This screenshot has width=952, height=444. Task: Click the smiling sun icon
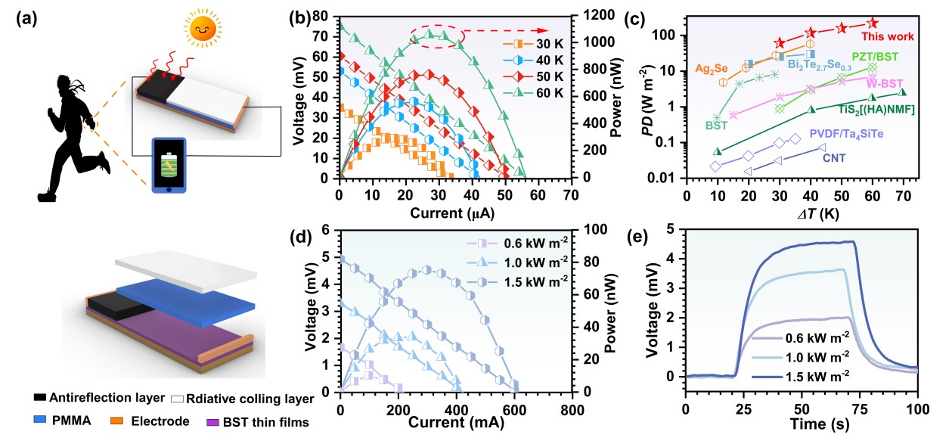pyautogui.click(x=203, y=29)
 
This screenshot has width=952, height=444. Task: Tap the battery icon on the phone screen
pyautogui.click(x=169, y=165)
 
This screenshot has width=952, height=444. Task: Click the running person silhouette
pyautogui.click(x=75, y=138)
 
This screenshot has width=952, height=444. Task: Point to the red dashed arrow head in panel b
pyautogui.click(x=543, y=30)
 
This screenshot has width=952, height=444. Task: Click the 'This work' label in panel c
pyautogui.click(x=888, y=36)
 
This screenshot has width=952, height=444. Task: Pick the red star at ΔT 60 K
pyautogui.click(x=873, y=23)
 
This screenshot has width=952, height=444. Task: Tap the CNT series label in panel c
pyautogui.click(x=834, y=158)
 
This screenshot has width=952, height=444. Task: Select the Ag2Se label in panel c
pyautogui.click(x=712, y=69)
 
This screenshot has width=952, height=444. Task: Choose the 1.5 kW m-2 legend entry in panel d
pyautogui.click(x=517, y=281)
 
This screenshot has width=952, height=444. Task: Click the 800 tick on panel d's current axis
pyautogui.click(x=572, y=411)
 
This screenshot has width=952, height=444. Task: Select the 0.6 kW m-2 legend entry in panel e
pyautogui.click(x=800, y=337)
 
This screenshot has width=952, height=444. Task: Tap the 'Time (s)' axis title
pyautogui.click(x=820, y=424)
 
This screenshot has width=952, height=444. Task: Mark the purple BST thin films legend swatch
pyautogui.click(x=212, y=422)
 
